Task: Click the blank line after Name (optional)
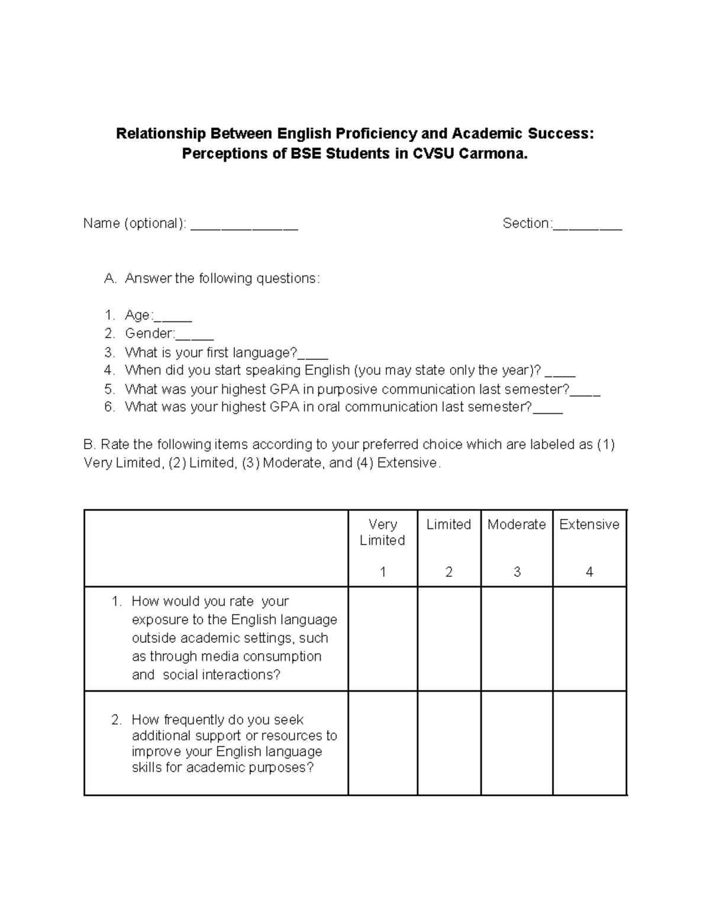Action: (x=244, y=225)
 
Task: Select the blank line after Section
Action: (x=587, y=225)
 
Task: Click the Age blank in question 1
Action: (x=173, y=317)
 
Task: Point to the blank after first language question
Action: (x=312, y=354)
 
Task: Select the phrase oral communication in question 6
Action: (x=391, y=407)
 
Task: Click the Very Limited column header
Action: (x=382, y=532)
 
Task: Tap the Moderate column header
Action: (x=517, y=524)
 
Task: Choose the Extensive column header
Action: (x=589, y=524)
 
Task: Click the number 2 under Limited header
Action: (x=449, y=572)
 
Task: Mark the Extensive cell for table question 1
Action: (x=589, y=638)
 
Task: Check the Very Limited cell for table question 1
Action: (x=383, y=638)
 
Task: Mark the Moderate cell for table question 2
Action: (x=517, y=743)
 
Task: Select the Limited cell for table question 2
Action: (x=449, y=743)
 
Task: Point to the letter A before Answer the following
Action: (x=110, y=278)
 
